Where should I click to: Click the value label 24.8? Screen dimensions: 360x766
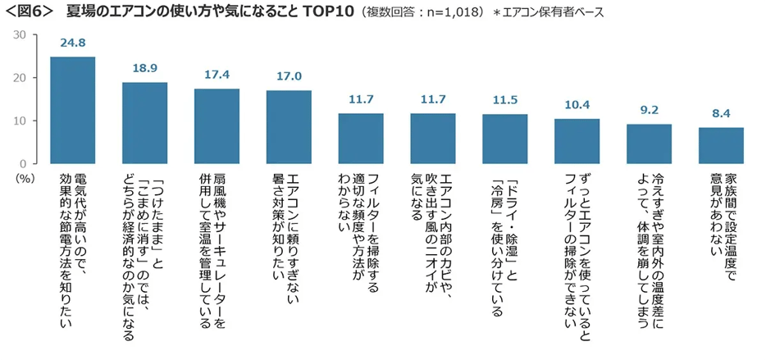(x=72, y=44)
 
